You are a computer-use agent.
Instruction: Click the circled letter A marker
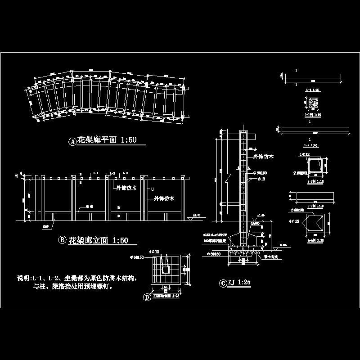(x=72, y=142)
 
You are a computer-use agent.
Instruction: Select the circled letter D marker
(x=146, y=297)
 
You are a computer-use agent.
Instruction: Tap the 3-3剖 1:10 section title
(x=313, y=206)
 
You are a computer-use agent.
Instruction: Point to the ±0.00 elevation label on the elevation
(x=197, y=215)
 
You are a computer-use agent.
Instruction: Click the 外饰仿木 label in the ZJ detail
(x=263, y=156)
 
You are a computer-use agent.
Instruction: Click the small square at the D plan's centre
(x=165, y=269)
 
